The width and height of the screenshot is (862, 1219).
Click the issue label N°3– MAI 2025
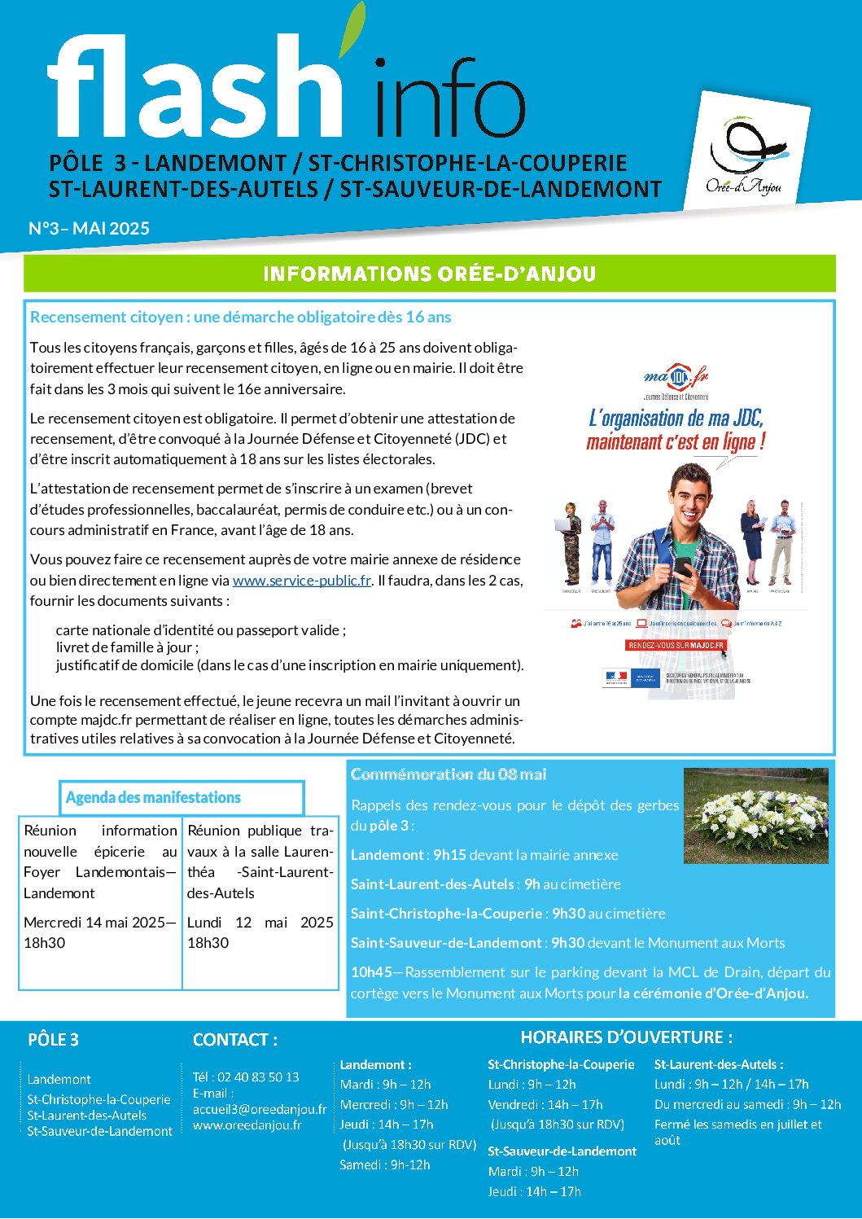pos(89,229)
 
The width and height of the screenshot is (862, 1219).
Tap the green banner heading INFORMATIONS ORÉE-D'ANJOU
pos(429,274)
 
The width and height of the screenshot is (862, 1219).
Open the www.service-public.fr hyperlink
pos(302,581)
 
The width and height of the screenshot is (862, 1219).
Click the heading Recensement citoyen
pos(240,317)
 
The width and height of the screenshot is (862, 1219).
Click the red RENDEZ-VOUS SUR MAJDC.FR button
pos(676,645)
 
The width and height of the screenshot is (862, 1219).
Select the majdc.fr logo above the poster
pos(676,378)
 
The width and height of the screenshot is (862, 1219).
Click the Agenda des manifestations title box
pos(182,798)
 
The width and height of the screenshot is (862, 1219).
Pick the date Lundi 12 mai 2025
pos(260,923)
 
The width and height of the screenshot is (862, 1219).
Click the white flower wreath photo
pos(756,814)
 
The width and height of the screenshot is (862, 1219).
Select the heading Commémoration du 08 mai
pos(449,774)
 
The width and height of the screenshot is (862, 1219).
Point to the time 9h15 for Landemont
pos(449,855)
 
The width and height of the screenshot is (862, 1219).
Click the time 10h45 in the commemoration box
pos(371,972)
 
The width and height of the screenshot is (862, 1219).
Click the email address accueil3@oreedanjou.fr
pos(260,1109)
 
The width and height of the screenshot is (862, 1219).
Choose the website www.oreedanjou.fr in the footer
pos(247,1125)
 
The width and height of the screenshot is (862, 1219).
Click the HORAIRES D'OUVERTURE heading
pos(626,1037)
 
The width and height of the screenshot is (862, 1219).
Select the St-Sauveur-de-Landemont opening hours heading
pos(562,1151)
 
